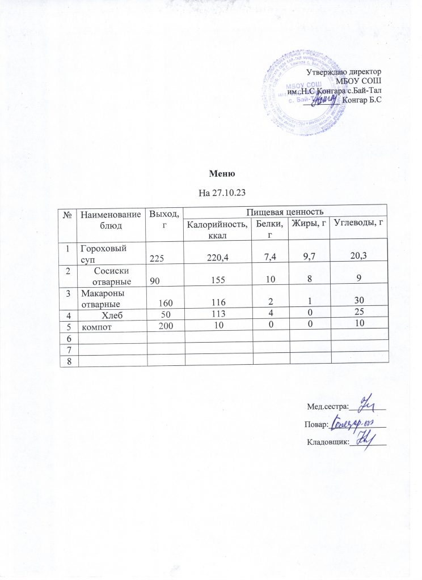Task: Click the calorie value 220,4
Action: (x=218, y=258)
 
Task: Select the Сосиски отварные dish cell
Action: (x=112, y=276)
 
